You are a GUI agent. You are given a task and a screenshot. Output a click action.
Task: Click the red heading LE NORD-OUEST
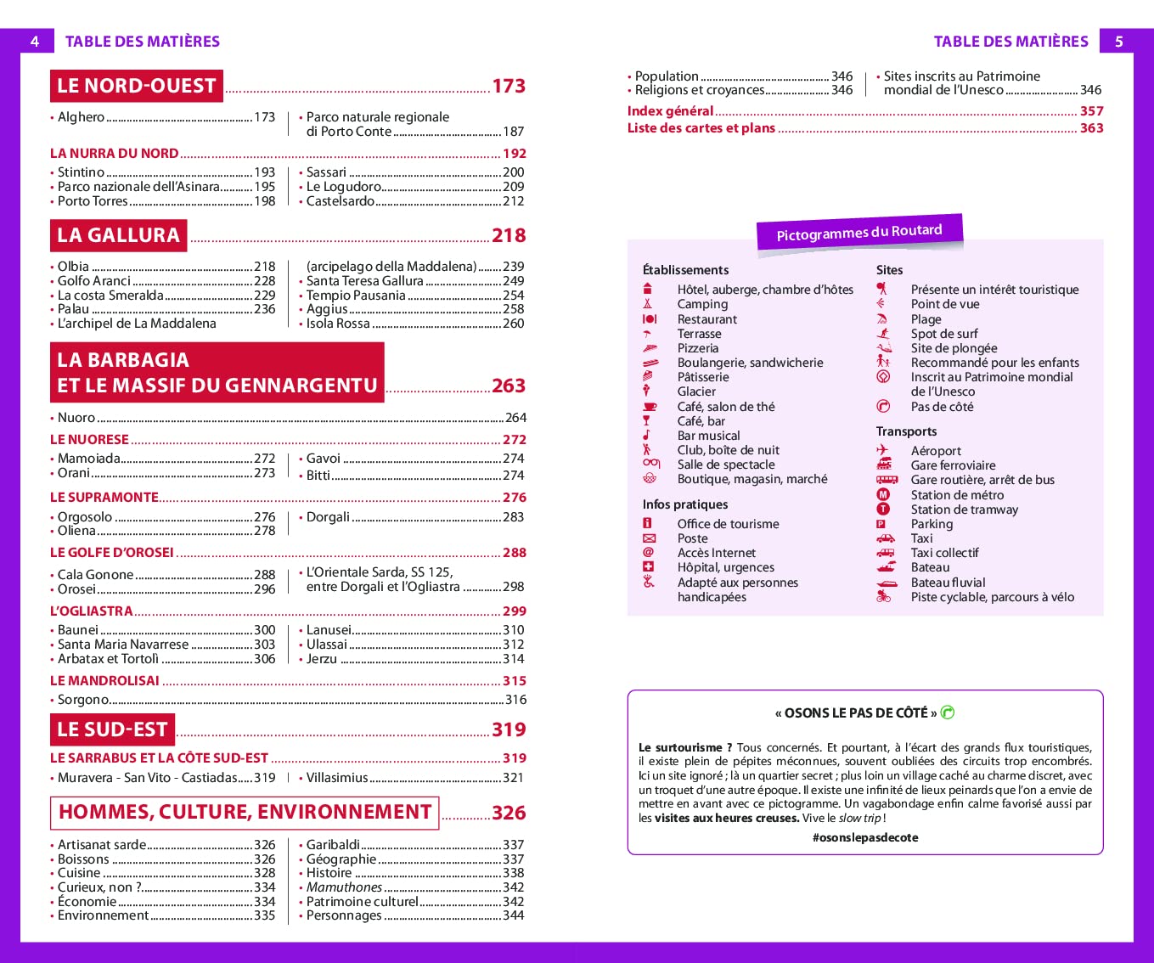coord(136,86)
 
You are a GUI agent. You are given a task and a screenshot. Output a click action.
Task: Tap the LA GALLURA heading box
coord(118,235)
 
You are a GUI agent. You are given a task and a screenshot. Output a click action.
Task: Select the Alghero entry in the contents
coord(82,117)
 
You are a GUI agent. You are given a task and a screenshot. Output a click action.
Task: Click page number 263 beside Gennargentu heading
coord(509,386)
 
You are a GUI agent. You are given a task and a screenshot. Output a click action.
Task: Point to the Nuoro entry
coord(76,418)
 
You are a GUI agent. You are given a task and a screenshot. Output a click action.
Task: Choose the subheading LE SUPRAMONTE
coord(104,498)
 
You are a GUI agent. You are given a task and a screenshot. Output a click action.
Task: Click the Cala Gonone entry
coord(95,575)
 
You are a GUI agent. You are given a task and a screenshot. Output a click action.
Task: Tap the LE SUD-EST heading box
coord(112,729)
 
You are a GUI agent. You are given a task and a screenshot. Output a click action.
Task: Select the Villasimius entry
coord(337,778)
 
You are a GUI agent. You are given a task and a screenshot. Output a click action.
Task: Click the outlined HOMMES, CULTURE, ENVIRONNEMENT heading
coord(245,813)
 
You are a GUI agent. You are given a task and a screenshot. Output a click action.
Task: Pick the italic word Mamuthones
coord(344,887)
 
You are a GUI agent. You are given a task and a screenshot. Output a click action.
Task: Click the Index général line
coord(670,111)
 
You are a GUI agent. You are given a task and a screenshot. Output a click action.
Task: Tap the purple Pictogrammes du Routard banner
coord(859,232)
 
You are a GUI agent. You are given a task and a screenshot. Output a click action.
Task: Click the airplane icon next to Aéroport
coord(883,451)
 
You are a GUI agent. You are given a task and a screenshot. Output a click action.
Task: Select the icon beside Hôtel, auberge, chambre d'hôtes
coord(648,289)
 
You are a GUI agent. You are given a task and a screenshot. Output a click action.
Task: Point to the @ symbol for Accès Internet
coord(649,553)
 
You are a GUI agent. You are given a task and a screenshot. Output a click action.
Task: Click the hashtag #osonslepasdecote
coord(865,838)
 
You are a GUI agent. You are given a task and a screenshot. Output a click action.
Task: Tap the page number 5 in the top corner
coord(1118,41)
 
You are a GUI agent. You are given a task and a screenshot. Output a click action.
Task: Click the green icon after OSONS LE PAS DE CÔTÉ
coord(948,712)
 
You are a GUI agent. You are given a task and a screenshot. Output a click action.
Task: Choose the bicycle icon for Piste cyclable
coord(884,597)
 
